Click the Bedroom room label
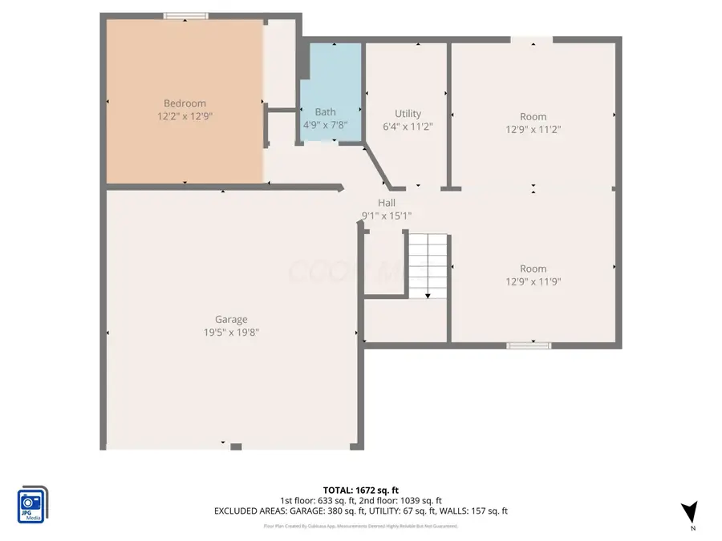pyautogui.click(x=185, y=103)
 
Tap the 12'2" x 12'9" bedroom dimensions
pyautogui.click(x=185, y=116)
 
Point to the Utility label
pyautogui.click(x=408, y=114)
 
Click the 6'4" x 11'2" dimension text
pyautogui.click(x=408, y=127)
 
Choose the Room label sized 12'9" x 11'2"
pyautogui.click(x=533, y=117)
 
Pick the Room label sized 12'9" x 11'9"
pyautogui.click(x=533, y=268)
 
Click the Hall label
pyautogui.click(x=387, y=203)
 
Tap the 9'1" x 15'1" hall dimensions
pyautogui.click(x=387, y=216)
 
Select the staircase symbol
pyautogui.click(x=427, y=264)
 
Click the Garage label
pyautogui.click(x=231, y=319)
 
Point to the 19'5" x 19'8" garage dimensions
pyautogui.click(x=231, y=332)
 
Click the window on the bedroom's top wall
pyautogui.click(x=185, y=15)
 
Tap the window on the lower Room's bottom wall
pyautogui.click(x=529, y=345)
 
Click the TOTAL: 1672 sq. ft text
pyautogui.click(x=360, y=489)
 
